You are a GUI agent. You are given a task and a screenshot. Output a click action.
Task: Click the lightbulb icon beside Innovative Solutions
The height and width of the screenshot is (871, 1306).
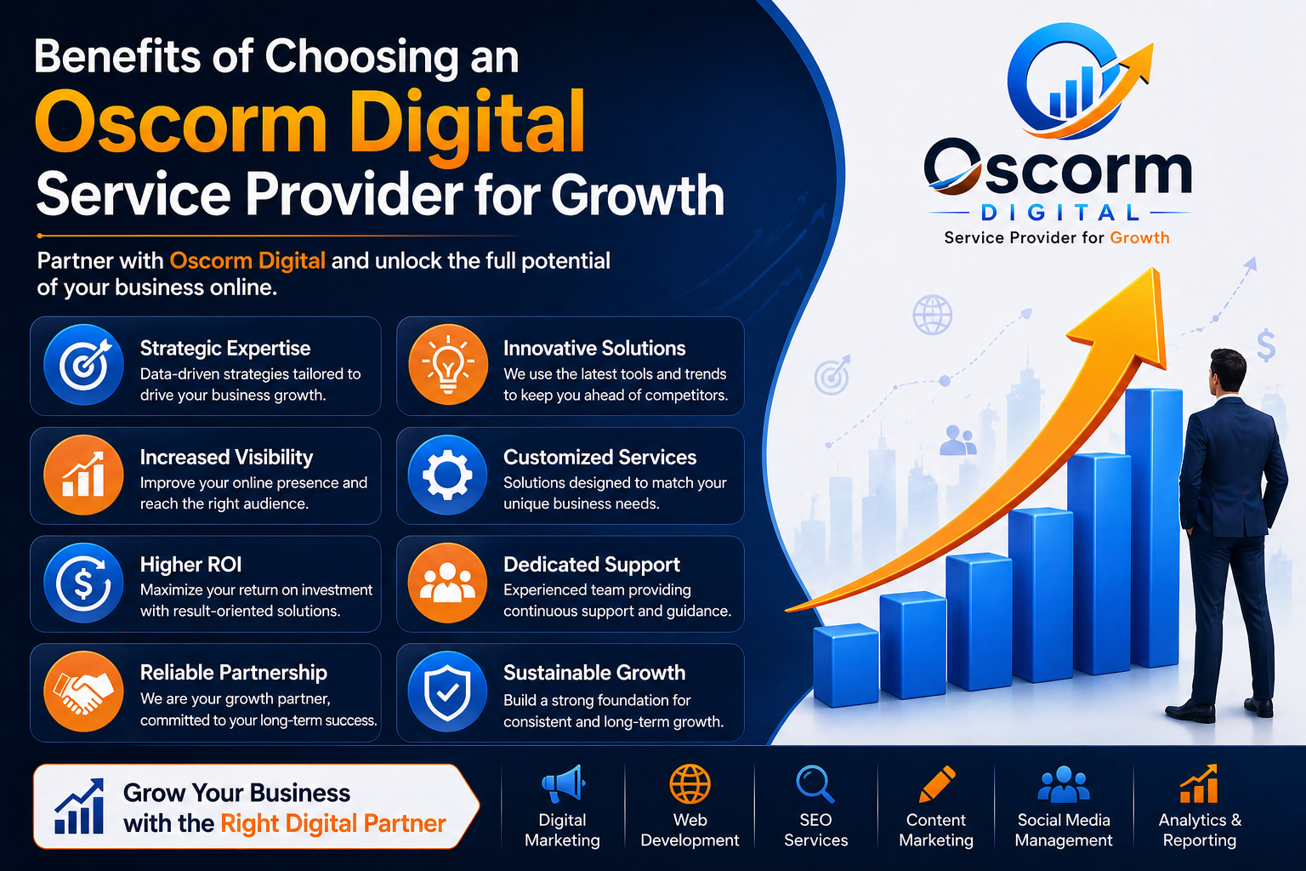pyautogui.click(x=448, y=365)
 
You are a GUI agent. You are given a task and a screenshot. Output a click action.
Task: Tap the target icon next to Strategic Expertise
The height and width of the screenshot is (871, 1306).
pyautogui.click(x=83, y=365)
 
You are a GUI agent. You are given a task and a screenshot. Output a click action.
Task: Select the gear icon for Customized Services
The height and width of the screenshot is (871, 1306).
pyautogui.click(x=447, y=475)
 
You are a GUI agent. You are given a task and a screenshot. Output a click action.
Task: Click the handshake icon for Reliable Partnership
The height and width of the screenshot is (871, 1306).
pyautogui.click(x=83, y=692)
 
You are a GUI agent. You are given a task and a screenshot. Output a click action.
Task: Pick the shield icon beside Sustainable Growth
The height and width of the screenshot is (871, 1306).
pyautogui.click(x=447, y=692)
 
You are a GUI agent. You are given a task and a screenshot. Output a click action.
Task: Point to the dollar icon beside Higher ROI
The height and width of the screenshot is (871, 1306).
pyautogui.click(x=83, y=583)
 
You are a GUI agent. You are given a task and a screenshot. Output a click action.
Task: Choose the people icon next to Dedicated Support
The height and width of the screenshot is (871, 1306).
pyautogui.click(x=447, y=583)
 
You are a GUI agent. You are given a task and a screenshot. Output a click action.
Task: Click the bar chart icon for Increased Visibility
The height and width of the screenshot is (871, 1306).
pyautogui.click(x=83, y=475)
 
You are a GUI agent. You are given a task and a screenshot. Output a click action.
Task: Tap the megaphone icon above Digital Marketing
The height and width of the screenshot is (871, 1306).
pyautogui.click(x=563, y=783)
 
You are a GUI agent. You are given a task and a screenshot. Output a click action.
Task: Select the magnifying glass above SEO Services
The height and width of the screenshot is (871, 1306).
pyautogui.click(x=815, y=784)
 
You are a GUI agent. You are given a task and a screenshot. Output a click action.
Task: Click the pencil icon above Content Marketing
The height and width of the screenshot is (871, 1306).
pyautogui.click(x=937, y=784)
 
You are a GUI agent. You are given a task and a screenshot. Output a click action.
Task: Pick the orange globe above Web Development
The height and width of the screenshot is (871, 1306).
pyautogui.click(x=690, y=784)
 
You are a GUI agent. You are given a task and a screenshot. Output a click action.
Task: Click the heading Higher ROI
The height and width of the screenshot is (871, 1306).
pyautogui.click(x=190, y=564)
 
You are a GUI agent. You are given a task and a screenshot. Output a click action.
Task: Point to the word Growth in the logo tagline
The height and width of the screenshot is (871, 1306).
pyautogui.click(x=1140, y=237)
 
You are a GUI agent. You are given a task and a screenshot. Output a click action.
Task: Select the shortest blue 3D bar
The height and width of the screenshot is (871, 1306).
pyautogui.click(x=845, y=665)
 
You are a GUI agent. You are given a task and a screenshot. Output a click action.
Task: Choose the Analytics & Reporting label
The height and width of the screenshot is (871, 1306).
pyautogui.click(x=1200, y=829)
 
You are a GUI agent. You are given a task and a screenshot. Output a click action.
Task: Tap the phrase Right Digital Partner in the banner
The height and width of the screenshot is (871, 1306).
pyautogui.click(x=333, y=823)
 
